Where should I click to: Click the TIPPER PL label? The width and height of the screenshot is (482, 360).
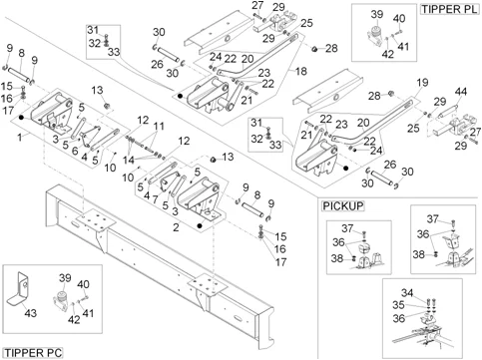450,9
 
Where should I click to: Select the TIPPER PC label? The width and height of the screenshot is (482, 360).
33,353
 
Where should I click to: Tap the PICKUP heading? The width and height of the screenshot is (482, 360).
343,205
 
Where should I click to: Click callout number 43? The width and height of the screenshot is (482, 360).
30,313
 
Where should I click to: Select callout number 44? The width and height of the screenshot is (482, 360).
461,92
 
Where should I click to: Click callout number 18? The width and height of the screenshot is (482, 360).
300,71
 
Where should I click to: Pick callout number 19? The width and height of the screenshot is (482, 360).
422,82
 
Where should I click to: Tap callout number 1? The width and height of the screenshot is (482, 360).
20,137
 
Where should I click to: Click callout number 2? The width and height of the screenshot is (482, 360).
176,227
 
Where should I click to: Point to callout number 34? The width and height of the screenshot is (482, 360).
407,293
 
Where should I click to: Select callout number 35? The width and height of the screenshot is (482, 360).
399,305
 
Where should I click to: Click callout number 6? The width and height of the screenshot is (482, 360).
75,151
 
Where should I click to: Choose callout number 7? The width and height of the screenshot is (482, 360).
155,199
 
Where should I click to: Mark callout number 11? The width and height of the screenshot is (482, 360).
159,127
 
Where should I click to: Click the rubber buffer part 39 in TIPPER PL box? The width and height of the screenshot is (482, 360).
374,35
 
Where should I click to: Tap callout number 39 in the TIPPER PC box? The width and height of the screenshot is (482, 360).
65,278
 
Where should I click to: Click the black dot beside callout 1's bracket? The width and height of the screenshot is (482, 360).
22,117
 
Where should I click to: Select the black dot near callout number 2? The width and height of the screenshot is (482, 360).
200,226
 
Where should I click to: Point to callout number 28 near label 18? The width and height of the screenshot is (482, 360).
331,48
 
